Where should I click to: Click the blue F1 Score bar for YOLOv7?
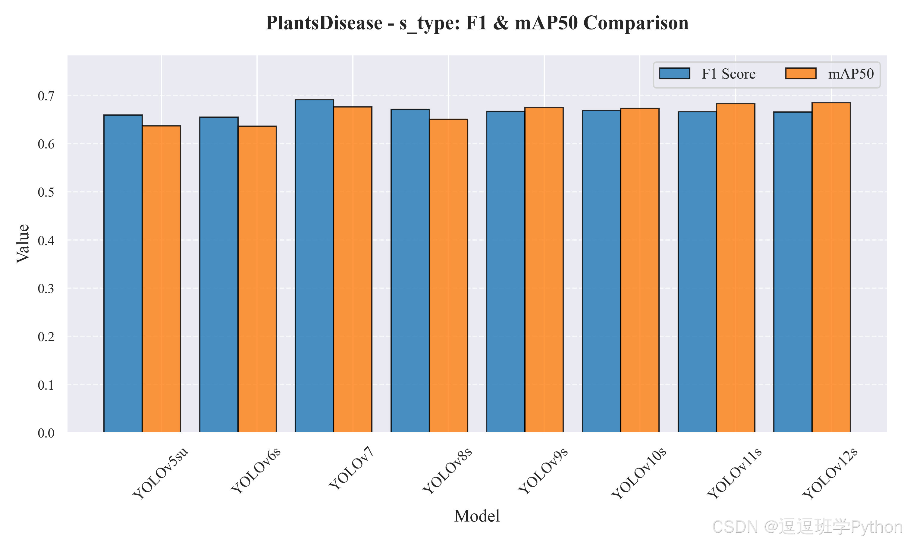[x=314, y=266]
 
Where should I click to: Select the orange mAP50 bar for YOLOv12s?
[x=831, y=267]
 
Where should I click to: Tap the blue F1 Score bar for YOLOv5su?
[x=123, y=273]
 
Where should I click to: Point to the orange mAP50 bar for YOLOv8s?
[x=448, y=276]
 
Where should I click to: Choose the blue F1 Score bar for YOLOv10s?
[x=601, y=271]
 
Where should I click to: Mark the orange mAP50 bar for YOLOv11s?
[x=736, y=268]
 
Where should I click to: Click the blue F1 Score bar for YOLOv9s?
[x=506, y=272]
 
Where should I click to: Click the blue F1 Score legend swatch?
[x=674, y=73]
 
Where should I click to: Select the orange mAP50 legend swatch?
[x=801, y=73]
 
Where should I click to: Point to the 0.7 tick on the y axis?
[x=46, y=96]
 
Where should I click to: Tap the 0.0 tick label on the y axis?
[x=46, y=433]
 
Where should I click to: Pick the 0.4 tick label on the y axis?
[x=46, y=241]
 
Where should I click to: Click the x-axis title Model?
[x=477, y=516]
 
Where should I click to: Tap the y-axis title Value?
[x=23, y=244]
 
